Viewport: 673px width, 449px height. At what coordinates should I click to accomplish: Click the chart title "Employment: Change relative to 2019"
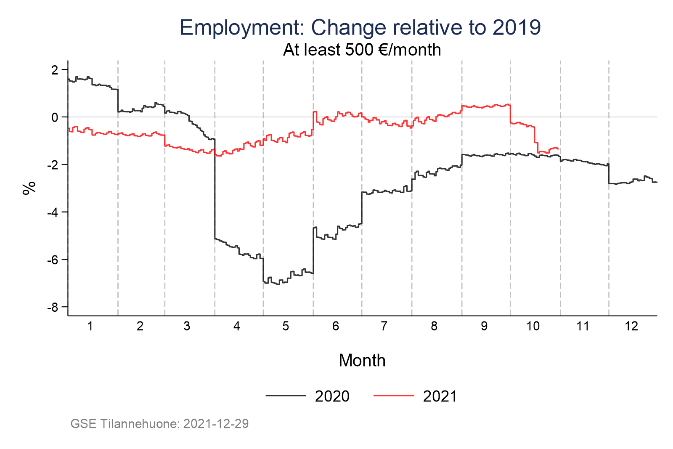click(x=360, y=28)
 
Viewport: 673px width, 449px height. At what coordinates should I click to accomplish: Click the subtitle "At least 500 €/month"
click(x=362, y=50)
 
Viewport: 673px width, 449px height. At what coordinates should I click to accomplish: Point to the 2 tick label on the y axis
click(x=55, y=69)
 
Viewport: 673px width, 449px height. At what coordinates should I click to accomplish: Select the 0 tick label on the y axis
click(x=55, y=117)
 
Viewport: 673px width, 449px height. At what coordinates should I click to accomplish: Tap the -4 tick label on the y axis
click(x=53, y=212)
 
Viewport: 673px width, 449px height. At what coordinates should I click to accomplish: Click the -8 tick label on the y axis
click(x=53, y=307)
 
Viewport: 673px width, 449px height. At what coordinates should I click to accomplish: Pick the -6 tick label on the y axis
click(x=53, y=260)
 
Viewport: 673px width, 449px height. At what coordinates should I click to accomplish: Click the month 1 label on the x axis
click(x=90, y=327)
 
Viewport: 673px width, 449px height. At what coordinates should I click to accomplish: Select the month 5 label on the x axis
click(x=286, y=327)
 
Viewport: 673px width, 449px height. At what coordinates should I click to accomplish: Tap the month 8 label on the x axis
click(x=434, y=327)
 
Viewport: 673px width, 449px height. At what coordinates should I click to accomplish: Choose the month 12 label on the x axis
click(x=631, y=327)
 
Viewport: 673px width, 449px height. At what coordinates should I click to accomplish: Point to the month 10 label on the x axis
click(x=533, y=327)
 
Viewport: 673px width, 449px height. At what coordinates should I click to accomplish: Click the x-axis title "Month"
click(x=362, y=361)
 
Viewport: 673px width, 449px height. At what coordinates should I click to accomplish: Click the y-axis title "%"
click(x=29, y=188)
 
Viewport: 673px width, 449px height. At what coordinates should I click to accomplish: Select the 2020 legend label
click(x=332, y=396)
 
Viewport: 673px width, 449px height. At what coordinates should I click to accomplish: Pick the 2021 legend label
click(x=440, y=396)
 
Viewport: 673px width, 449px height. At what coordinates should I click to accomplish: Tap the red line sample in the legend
click(x=393, y=396)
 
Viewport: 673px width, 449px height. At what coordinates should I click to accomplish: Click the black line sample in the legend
click(x=286, y=396)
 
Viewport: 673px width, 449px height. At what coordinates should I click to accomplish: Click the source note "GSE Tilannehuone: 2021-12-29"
click(x=159, y=423)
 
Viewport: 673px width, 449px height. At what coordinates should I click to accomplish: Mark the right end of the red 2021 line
click(x=558, y=149)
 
